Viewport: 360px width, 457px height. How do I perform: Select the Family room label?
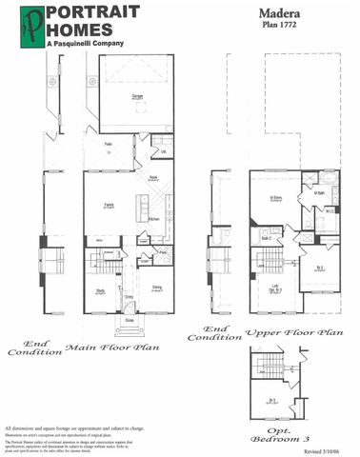[x=110, y=205]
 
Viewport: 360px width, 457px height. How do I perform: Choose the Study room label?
[x=99, y=290]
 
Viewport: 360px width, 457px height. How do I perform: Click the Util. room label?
[x=164, y=151]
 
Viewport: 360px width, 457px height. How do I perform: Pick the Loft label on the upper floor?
[x=274, y=287]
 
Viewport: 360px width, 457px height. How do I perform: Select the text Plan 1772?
[x=280, y=29]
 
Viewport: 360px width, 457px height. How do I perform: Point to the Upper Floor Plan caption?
[x=293, y=333]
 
